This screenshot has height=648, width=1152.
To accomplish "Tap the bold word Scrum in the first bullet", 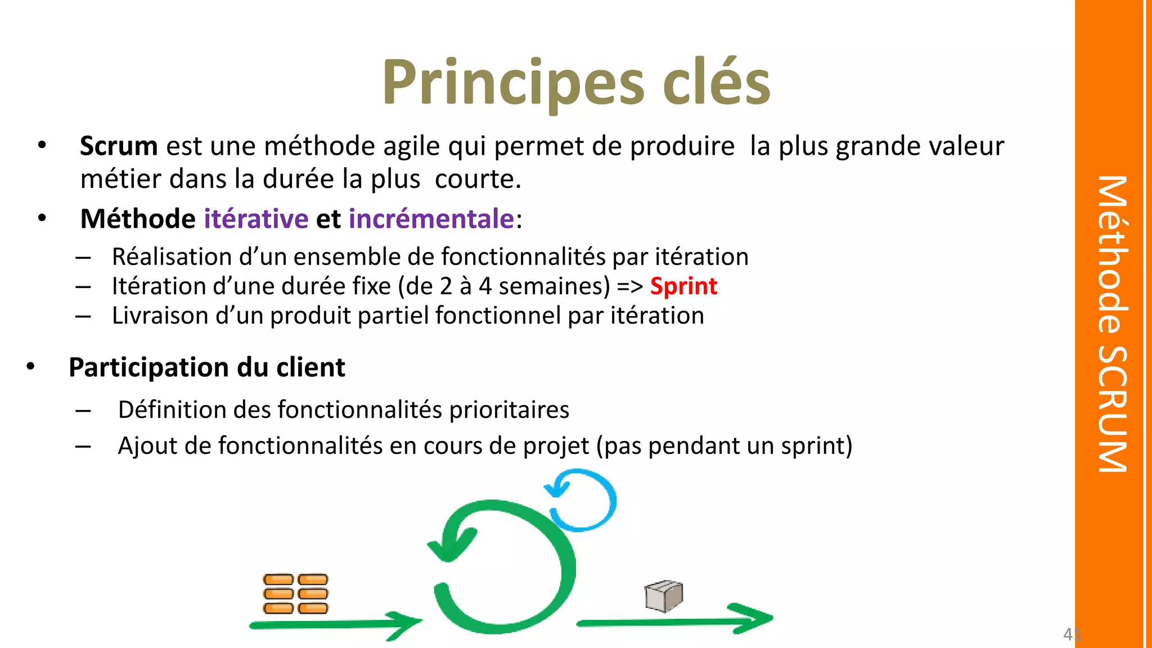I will (119, 146).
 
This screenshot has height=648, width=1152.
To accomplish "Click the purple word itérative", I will (256, 219).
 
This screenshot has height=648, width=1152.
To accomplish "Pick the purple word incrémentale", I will (431, 219).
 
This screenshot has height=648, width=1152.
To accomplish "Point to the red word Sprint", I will (683, 286).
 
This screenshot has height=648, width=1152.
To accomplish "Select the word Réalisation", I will (172, 257).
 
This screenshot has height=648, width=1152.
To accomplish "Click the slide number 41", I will (1072, 634).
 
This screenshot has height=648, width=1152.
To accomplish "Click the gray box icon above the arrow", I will (664, 596).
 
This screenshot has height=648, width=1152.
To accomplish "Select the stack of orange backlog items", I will (295, 593).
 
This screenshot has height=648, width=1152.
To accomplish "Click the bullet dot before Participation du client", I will (30, 367).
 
